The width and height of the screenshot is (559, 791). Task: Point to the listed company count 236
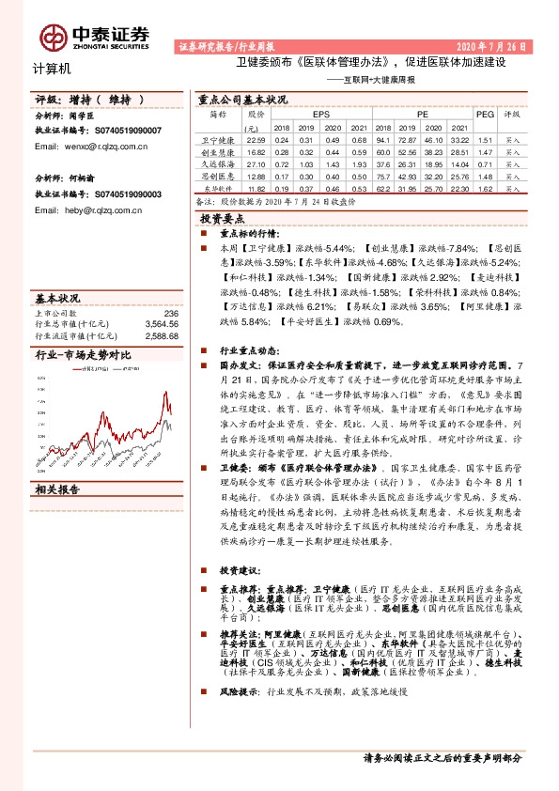click(171, 313)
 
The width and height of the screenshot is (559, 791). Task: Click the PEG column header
click(485, 114)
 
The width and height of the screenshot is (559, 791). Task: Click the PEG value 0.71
click(485, 163)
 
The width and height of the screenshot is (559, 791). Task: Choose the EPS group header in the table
click(307, 114)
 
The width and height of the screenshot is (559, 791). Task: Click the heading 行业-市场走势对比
click(79, 355)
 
